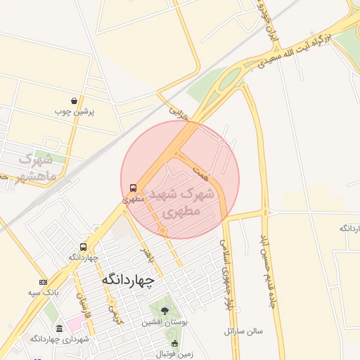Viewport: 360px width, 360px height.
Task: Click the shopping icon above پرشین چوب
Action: coord(75,101)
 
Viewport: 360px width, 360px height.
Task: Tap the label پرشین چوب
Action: coord(75,111)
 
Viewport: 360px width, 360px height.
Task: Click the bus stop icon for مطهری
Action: coord(134,188)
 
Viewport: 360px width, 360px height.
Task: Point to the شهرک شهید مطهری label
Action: coord(181,200)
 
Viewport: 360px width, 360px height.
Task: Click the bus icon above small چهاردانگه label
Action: coord(84,247)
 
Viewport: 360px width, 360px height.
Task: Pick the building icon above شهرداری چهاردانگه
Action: coord(58,328)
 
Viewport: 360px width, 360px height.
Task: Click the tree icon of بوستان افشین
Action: coord(165,311)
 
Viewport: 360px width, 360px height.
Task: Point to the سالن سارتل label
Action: coord(243,330)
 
